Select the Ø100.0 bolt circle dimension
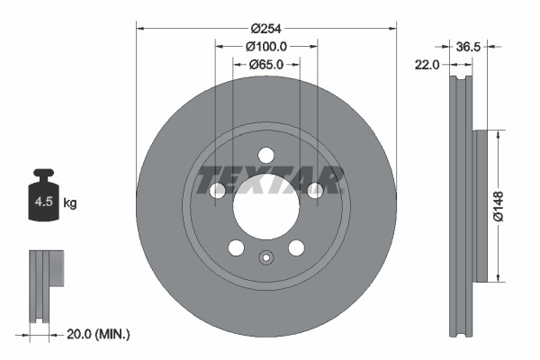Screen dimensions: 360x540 tap(265, 46)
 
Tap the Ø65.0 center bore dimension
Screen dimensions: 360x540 tap(265, 64)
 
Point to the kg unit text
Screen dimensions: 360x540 tap(70, 203)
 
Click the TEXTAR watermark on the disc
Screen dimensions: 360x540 tap(266, 180)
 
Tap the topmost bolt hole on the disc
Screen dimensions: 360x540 tap(265, 154)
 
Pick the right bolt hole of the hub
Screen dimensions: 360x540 tap(315, 190)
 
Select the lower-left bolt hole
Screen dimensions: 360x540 tap(235, 248)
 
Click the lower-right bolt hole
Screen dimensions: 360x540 tap(296, 248)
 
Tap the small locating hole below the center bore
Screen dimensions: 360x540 tap(265, 257)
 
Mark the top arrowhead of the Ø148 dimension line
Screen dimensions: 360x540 tap(498, 133)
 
